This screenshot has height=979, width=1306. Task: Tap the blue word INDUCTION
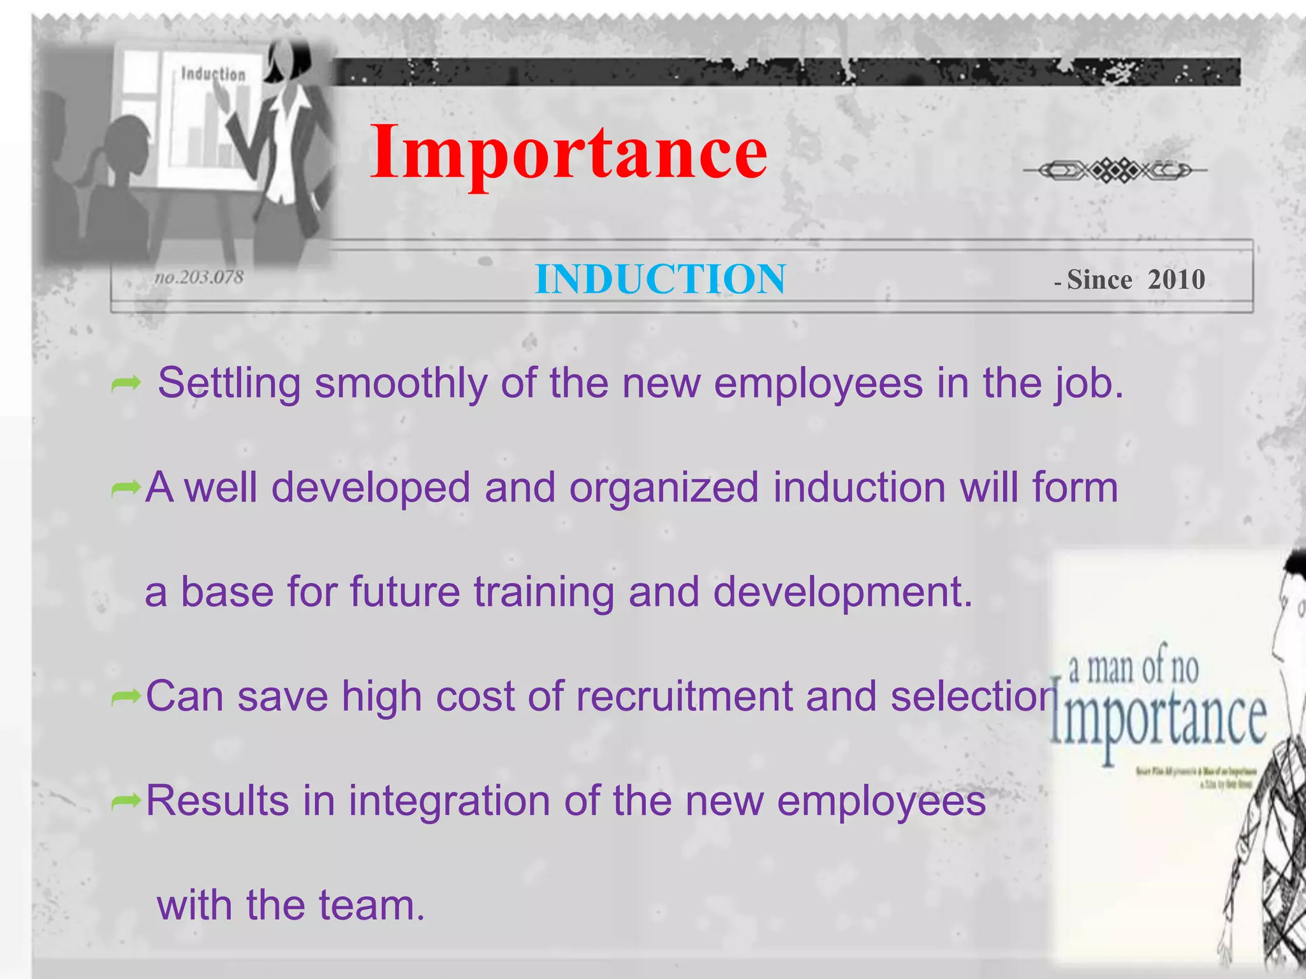660,279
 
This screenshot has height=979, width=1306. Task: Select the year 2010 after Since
1176,279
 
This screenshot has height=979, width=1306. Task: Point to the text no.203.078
199,277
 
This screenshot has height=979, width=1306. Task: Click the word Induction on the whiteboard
213,74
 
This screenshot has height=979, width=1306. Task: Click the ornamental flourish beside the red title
1115,170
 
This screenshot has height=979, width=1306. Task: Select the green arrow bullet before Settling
126,384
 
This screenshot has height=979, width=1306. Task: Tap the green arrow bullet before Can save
126,697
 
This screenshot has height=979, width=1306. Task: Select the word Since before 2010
1099,279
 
